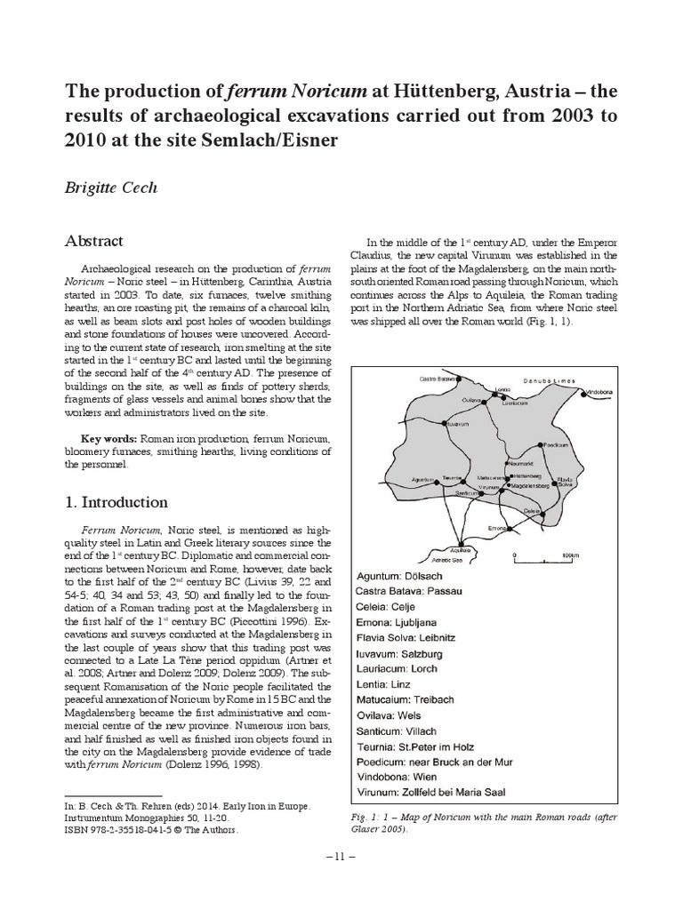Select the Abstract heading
tap(95, 241)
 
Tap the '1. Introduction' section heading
tap(117, 502)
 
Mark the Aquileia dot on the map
tap(460, 542)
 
